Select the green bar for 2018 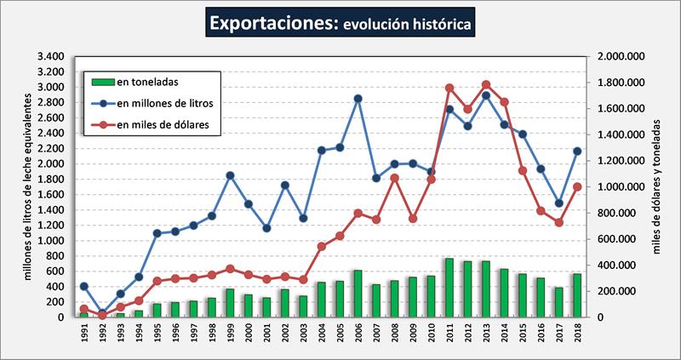(x=577, y=295)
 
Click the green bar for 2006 (x=358, y=294)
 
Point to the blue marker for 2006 (x=358, y=99)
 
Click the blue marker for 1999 (x=230, y=175)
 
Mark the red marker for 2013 (x=486, y=84)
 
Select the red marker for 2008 (x=394, y=178)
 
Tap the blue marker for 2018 (x=577, y=151)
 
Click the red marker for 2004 (x=321, y=247)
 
